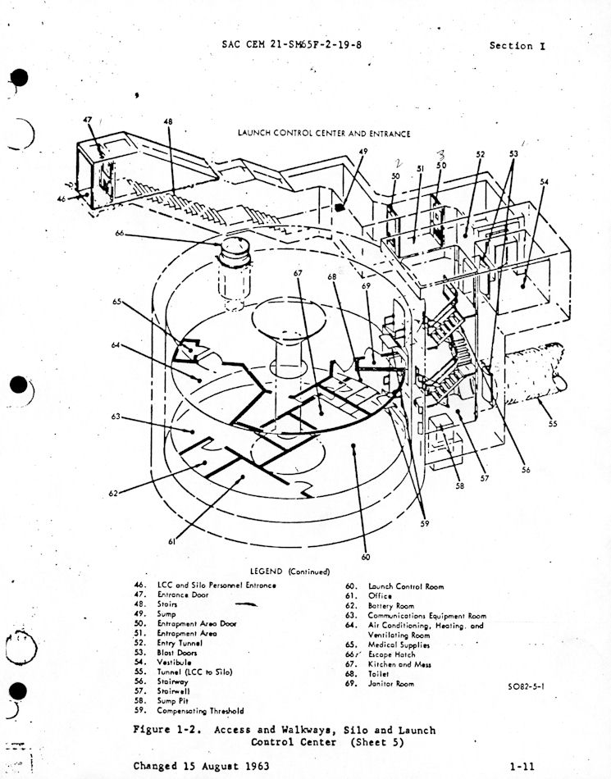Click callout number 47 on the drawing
[88, 121]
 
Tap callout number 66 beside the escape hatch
[120, 233]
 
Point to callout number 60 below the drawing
[366, 557]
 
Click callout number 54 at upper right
[545, 181]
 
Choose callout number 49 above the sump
[362, 152]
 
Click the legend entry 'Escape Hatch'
[391, 654]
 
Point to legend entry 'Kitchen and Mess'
[399, 664]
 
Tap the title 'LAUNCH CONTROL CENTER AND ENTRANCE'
[324, 133]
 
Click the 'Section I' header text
[517, 45]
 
